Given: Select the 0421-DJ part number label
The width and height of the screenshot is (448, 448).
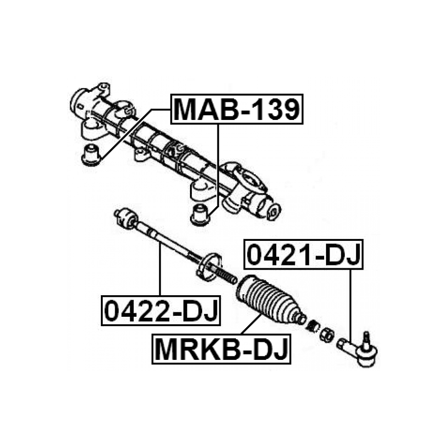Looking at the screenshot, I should [x=304, y=255].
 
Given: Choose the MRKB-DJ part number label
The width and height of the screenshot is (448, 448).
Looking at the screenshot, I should [x=221, y=349].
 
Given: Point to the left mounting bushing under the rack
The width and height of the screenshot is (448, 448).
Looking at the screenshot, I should [x=91, y=154].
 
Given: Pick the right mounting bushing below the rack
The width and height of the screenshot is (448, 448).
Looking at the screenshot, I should [x=199, y=215].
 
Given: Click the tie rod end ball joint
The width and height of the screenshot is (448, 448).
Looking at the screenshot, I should [x=362, y=354].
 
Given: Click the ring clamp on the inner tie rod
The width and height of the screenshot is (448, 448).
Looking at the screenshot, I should [x=209, y=267].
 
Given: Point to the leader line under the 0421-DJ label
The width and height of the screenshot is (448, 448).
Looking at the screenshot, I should [x=351, y=304].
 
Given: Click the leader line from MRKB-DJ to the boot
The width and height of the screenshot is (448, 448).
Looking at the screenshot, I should [x=251, y=325].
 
